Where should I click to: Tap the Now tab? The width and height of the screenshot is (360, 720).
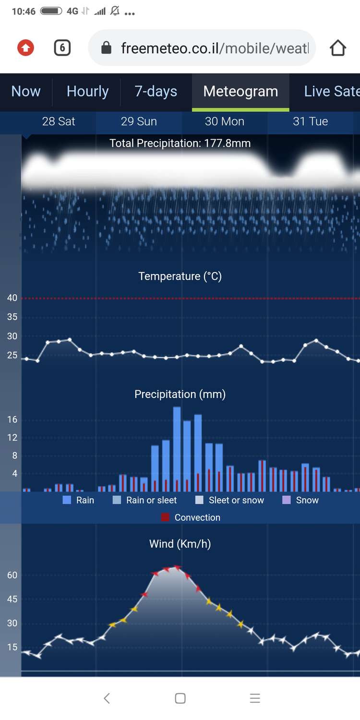[26, 91]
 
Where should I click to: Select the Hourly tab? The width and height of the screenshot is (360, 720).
[87, 91]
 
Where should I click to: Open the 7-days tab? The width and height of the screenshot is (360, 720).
[156, 91]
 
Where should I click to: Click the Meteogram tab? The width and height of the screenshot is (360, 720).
[240, 91]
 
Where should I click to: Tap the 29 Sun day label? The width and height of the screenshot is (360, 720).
[139, 121]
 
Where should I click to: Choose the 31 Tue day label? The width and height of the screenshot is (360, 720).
[310, 121]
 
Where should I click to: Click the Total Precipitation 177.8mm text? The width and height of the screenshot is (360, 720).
[180, 143]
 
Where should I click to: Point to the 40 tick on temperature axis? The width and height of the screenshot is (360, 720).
[12, 298]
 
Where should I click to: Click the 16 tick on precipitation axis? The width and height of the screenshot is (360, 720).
[12, 420]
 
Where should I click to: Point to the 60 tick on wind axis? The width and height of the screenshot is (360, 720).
[12, 575]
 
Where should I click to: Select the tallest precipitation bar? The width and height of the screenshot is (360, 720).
[177, 449]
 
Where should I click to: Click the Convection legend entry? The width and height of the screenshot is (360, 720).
[191, 517]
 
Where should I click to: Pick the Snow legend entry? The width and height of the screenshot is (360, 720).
[300, 500]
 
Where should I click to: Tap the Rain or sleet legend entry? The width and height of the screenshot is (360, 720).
[144, 500]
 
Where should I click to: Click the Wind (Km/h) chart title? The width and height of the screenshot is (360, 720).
[180, 544]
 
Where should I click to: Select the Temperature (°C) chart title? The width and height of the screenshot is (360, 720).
[180, 276]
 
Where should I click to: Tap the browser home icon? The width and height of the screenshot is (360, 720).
[338, 48]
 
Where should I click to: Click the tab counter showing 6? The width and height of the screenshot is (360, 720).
[62, 48]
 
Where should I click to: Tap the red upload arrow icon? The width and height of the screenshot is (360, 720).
[25, 48]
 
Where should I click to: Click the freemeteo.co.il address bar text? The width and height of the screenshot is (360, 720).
[214, 48]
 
